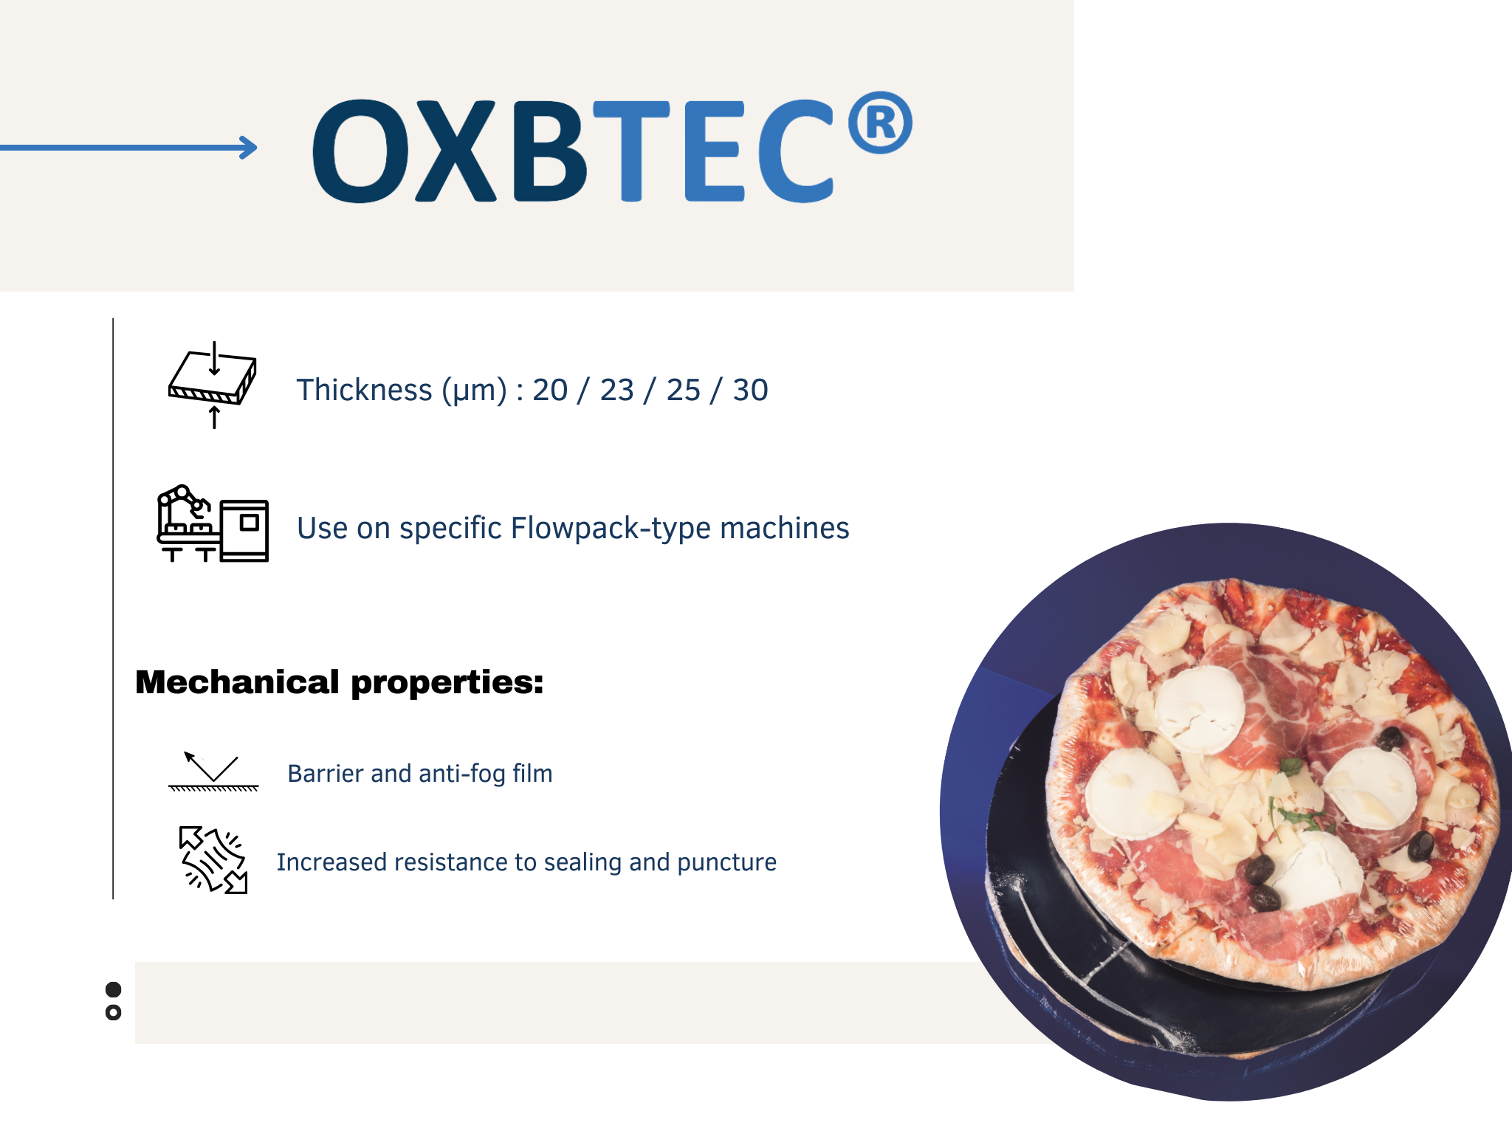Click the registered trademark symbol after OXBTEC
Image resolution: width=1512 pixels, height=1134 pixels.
tap(879, 123)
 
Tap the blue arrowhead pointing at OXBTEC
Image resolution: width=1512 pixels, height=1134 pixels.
tap(249, 148)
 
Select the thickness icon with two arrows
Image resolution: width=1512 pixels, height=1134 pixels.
tap(213, 385)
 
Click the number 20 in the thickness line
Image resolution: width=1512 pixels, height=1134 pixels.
tap(550, 390)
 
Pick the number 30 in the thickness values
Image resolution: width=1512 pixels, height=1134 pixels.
tap(750, 390)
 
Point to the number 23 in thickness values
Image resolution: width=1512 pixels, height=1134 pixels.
tap(616, 390)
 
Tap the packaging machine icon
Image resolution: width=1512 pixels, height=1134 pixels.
tap(213, 523)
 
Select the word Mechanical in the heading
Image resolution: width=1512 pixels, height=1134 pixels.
tap(237, 682)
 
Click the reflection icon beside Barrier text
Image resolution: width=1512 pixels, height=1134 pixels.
tap(213, 772)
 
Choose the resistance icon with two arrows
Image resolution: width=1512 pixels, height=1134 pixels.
tap(213, 860)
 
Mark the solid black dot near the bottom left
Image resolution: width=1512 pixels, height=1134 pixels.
tap(113, 989)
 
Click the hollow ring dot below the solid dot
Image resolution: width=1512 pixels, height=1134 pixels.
tap(113, 1012)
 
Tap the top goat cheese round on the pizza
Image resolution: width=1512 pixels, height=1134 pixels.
tap(1200, 709)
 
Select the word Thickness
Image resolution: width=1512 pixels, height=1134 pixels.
tap(364, 390)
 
